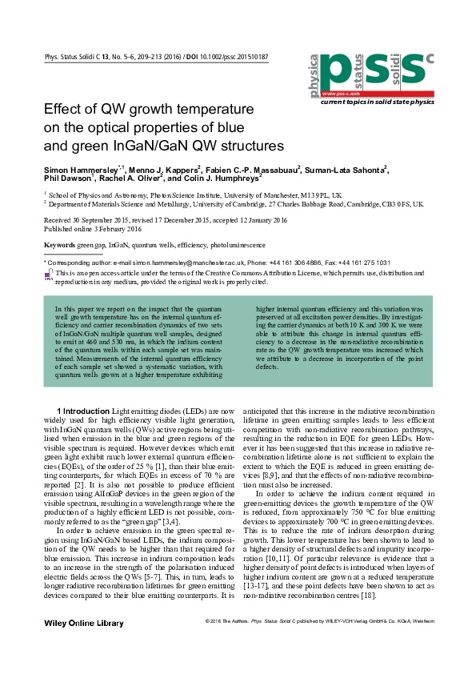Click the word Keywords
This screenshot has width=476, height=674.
click(59, 243)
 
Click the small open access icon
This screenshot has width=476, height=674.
click(49, 275)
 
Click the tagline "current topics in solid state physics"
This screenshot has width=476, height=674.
click(378, 102)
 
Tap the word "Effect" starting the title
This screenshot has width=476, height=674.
click(62, 109)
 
